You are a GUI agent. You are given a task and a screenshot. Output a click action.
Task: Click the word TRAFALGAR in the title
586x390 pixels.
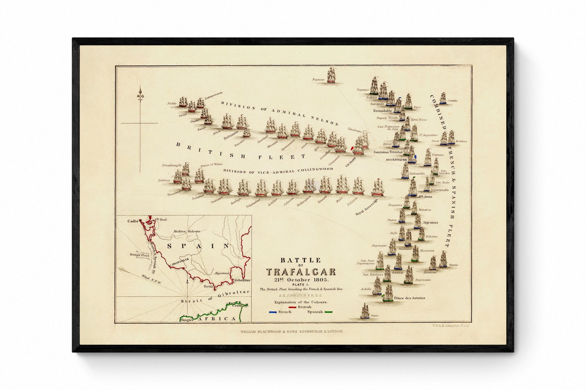301,272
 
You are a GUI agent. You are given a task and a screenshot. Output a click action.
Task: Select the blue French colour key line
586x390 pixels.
273,312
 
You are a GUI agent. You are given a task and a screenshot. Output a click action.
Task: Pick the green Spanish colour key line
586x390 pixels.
328,312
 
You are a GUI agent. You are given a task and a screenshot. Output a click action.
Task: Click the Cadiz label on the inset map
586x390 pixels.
132,221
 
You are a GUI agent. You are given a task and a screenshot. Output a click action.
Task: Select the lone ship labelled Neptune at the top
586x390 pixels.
331,75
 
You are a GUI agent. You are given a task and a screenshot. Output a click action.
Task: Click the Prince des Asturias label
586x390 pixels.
409,298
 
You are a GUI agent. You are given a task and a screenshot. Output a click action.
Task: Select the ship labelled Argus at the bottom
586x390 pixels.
365,311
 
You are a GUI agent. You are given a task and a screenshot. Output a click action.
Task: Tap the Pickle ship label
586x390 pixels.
172,104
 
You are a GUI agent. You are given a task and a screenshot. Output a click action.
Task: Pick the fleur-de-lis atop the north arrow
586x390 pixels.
140,92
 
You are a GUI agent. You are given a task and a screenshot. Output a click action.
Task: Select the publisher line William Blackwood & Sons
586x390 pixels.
292,331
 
